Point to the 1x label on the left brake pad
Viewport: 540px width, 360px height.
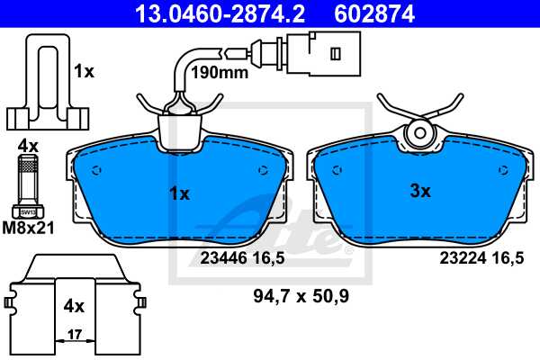(x=179, y=193)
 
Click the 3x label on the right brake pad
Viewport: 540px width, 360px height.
(x=420, y=191)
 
